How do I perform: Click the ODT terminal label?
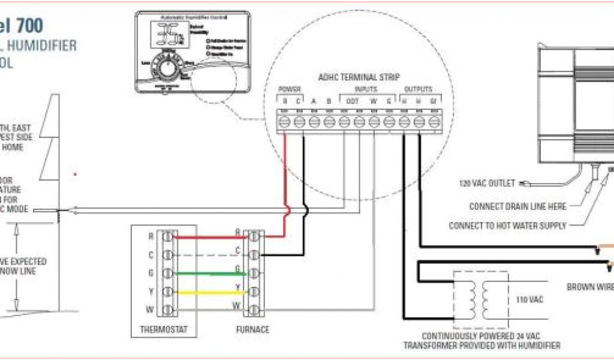[353, 101]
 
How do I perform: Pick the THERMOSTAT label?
[164, 329]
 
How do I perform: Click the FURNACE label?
[253, 329]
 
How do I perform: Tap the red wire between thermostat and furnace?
[204, 236]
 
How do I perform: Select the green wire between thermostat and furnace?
[204, 274]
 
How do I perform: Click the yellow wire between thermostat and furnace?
[204, 293]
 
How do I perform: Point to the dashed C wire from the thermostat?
[204, 255]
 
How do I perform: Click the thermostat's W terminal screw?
[168, 311]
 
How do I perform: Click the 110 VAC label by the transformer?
[529, 299]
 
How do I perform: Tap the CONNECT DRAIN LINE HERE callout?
[517, 206]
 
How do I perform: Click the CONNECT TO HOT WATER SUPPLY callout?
[507, 226]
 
